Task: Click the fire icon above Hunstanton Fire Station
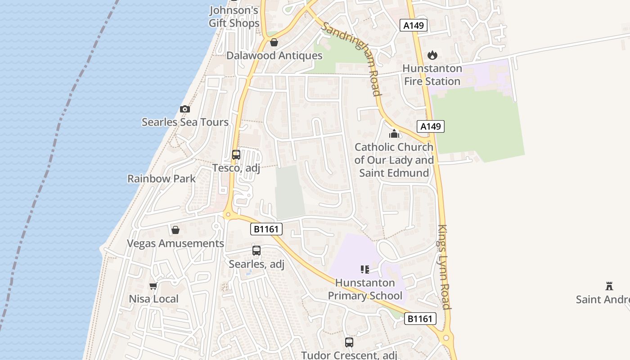432,55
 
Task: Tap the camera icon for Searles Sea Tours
184,109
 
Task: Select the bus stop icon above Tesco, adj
236,155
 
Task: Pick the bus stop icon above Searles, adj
256,251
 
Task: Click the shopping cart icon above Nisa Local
153,286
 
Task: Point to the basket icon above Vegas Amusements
175,230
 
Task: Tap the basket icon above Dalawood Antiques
274,42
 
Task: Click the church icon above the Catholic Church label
394,134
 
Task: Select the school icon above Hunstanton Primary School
365,270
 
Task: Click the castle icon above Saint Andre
609,286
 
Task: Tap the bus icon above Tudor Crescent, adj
349,342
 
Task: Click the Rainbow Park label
162,179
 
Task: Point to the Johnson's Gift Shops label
234,17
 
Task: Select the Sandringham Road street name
351,58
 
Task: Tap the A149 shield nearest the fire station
414,25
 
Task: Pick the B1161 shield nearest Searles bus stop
266,229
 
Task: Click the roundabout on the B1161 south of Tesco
227,215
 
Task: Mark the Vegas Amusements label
175,243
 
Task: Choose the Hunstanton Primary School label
365,289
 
